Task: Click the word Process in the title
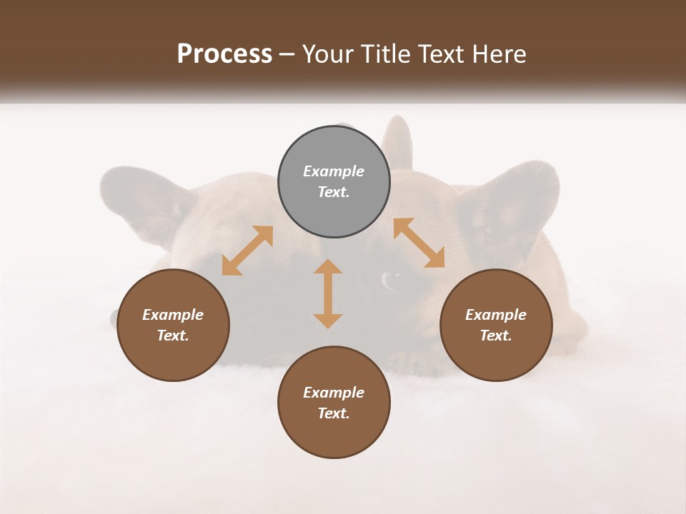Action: [224, 54]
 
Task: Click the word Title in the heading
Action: [386, 54]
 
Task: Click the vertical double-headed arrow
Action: [328, 293]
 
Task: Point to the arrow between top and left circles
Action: [247, 251]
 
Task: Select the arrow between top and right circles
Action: [419, 243]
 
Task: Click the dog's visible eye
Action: [390, 279]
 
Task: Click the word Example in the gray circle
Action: [334, 171]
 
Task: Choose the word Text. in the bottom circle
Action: [334, 413]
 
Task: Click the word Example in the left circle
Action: [173, 315]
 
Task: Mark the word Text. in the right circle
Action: [496, 336]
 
